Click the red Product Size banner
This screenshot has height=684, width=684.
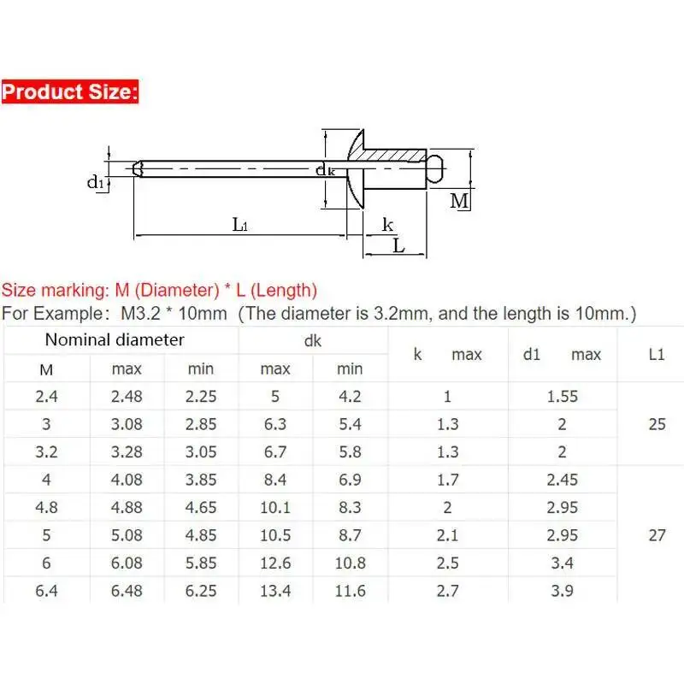tap(70, 91)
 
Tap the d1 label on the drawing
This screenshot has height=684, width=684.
tap(96, 182)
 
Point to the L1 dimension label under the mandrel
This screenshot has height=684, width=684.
tap(239, 225)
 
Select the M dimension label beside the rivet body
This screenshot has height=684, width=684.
tap(459, 201)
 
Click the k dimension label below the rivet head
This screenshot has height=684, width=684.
tap(387, 225)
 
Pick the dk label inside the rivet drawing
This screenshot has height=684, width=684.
tap(325, 169)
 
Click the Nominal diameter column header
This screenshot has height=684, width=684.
tap(115, 339)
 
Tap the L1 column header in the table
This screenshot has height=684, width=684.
tap(657, 354)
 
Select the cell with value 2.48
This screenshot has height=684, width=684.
tap(127, 396)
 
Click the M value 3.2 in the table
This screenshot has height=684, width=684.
tap(46, 451)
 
